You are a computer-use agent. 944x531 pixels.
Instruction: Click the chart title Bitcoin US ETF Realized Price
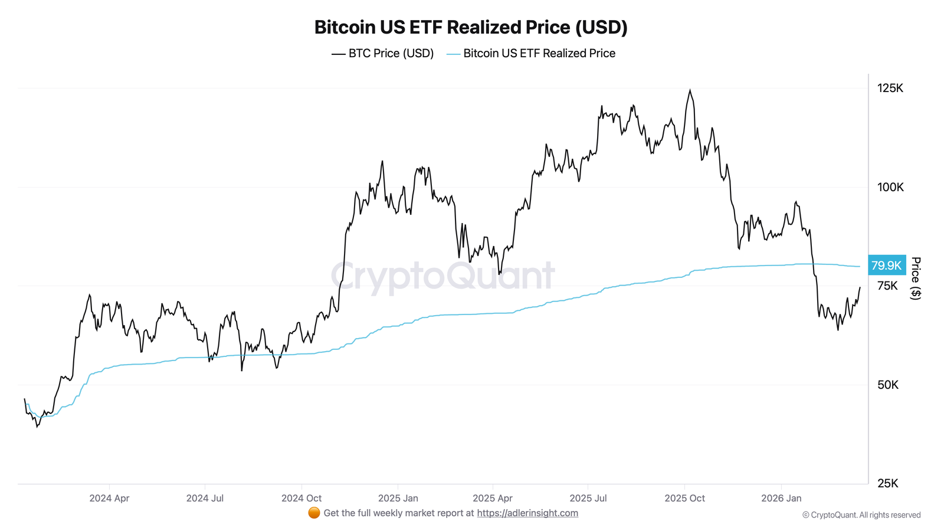(471, 27)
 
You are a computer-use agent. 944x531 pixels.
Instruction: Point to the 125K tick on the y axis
(890, 88)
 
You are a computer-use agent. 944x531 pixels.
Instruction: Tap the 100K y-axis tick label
(890, 187)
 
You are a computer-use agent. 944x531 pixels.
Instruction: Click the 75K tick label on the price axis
(887, 286)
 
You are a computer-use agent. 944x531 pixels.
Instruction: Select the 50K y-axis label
(887, 385)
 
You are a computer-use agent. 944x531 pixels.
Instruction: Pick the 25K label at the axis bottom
(887, 483)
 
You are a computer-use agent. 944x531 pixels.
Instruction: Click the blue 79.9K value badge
(886, 265)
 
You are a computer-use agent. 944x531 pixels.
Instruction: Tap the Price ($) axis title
(915, 278)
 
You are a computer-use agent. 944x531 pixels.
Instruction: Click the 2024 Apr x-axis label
(109, 498)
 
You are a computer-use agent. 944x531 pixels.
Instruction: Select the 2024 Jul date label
(205, 498)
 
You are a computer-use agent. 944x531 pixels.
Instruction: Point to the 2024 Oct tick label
(301, 498)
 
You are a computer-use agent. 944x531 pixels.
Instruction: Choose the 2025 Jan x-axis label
(398, 498)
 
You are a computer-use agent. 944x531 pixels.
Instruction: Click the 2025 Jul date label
(588, 498)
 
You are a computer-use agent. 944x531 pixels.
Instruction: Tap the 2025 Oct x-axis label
(684, 498)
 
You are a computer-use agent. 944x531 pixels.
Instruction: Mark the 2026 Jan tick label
(781, 498)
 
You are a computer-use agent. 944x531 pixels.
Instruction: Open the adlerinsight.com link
(527, 513)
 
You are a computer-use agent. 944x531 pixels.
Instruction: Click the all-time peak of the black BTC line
(690, 90)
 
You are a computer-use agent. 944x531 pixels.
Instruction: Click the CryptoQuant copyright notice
(861, 515)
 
